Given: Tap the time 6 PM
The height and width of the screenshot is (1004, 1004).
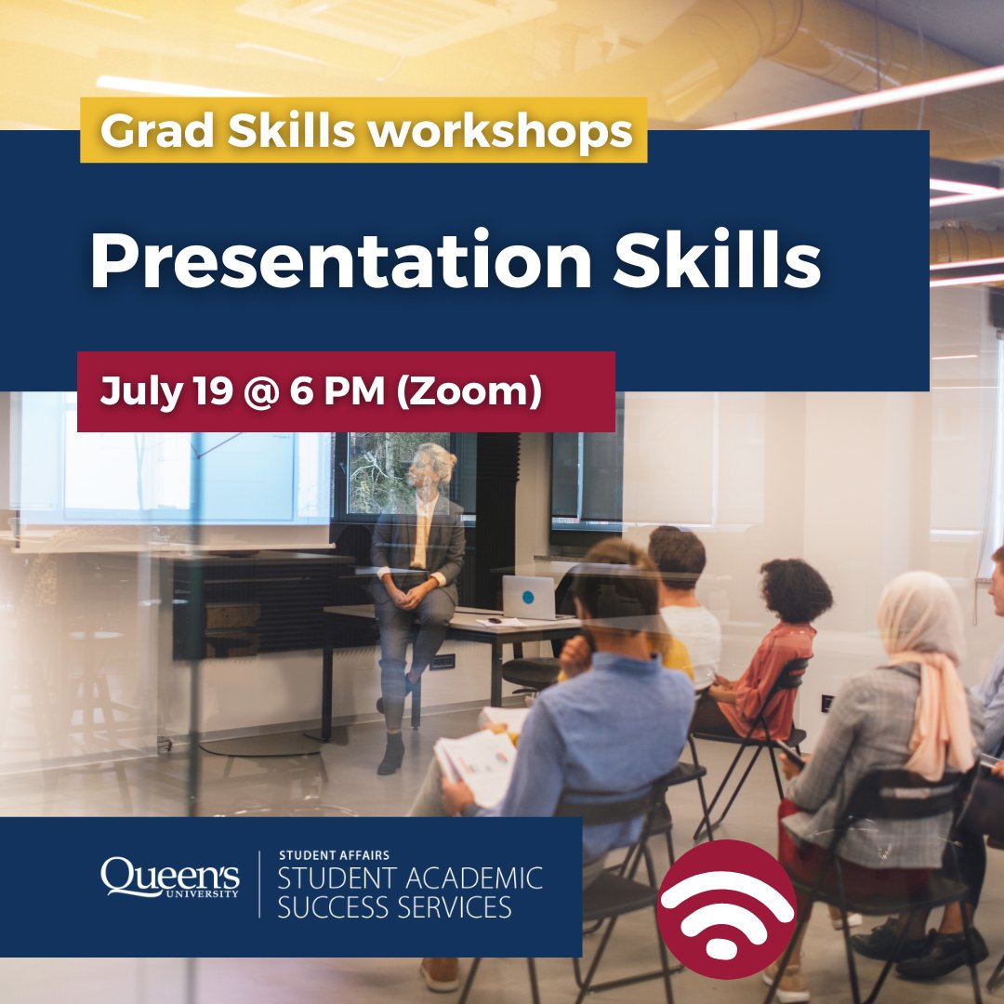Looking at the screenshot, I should coord(340,391).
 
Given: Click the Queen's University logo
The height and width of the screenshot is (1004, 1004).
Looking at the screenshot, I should coord(169,878).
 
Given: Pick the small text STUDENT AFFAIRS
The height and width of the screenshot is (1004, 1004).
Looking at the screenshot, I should coord(334,854).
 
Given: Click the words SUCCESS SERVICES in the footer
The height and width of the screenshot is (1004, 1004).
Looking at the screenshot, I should coord(394,906).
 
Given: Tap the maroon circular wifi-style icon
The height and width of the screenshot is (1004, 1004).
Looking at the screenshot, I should coord(726,908).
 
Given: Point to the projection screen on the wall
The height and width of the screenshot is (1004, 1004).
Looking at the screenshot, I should coord(167,474).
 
